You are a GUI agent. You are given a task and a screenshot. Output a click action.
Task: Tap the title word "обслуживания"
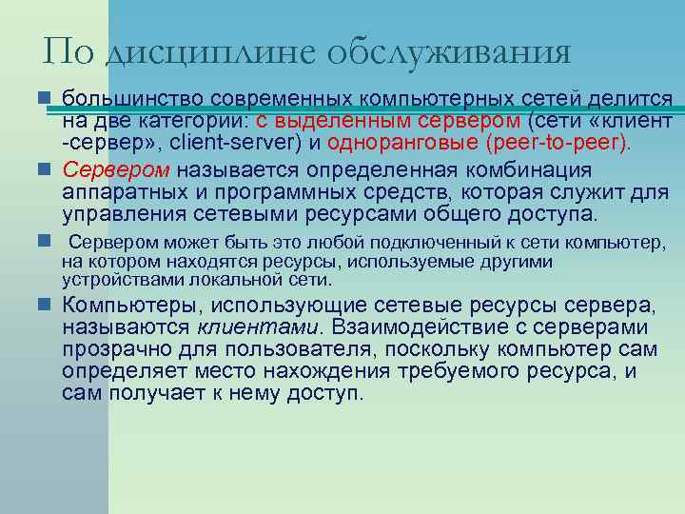[x=448, y=51]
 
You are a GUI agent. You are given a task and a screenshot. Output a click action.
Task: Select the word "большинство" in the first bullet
[x=132, y=98]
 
